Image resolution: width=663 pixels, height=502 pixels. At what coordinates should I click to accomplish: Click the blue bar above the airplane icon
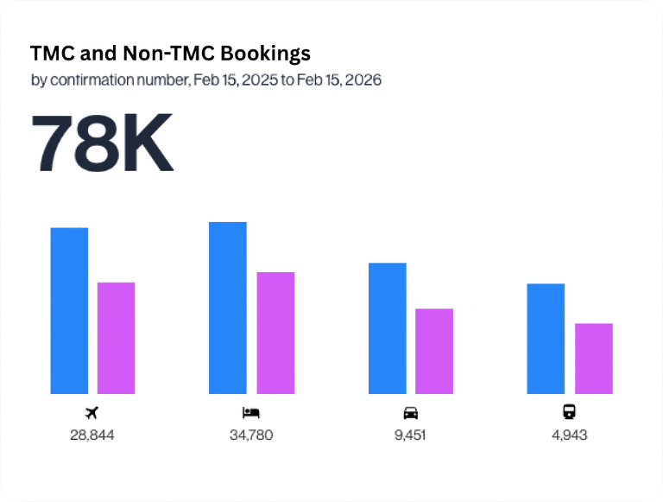click(69, 311)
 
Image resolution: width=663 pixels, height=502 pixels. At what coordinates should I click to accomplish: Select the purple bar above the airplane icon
click(116, 338)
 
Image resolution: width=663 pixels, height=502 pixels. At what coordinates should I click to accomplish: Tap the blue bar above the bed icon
click(228, 308)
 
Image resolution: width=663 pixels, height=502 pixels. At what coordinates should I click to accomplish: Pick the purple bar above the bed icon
click(275, 333)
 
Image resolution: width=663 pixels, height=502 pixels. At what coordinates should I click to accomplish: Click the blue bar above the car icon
click(388, 328)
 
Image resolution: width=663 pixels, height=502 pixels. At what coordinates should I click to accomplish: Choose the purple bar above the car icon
click(434, 351)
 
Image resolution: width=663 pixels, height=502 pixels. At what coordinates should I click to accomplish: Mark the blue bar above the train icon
click(546, 339)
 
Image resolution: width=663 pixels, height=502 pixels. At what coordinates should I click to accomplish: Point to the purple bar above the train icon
click(594, 359)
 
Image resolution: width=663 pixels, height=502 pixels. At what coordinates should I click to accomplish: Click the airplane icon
click(92, 411)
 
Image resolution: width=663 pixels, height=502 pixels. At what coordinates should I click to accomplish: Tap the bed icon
click(251, 411)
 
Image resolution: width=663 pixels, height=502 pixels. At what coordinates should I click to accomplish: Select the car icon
click(411, 411)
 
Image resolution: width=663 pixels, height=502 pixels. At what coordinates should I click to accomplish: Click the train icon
click(570, 411)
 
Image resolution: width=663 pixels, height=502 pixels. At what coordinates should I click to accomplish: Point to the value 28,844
click(92, 435)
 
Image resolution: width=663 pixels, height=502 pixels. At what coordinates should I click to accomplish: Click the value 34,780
click(251, 435)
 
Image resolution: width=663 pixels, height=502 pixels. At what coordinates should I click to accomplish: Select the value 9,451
click(411, 435)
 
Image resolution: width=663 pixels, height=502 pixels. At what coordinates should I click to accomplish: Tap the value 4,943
click(570, 435)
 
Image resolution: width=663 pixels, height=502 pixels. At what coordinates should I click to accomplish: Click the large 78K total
click(103, 143)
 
